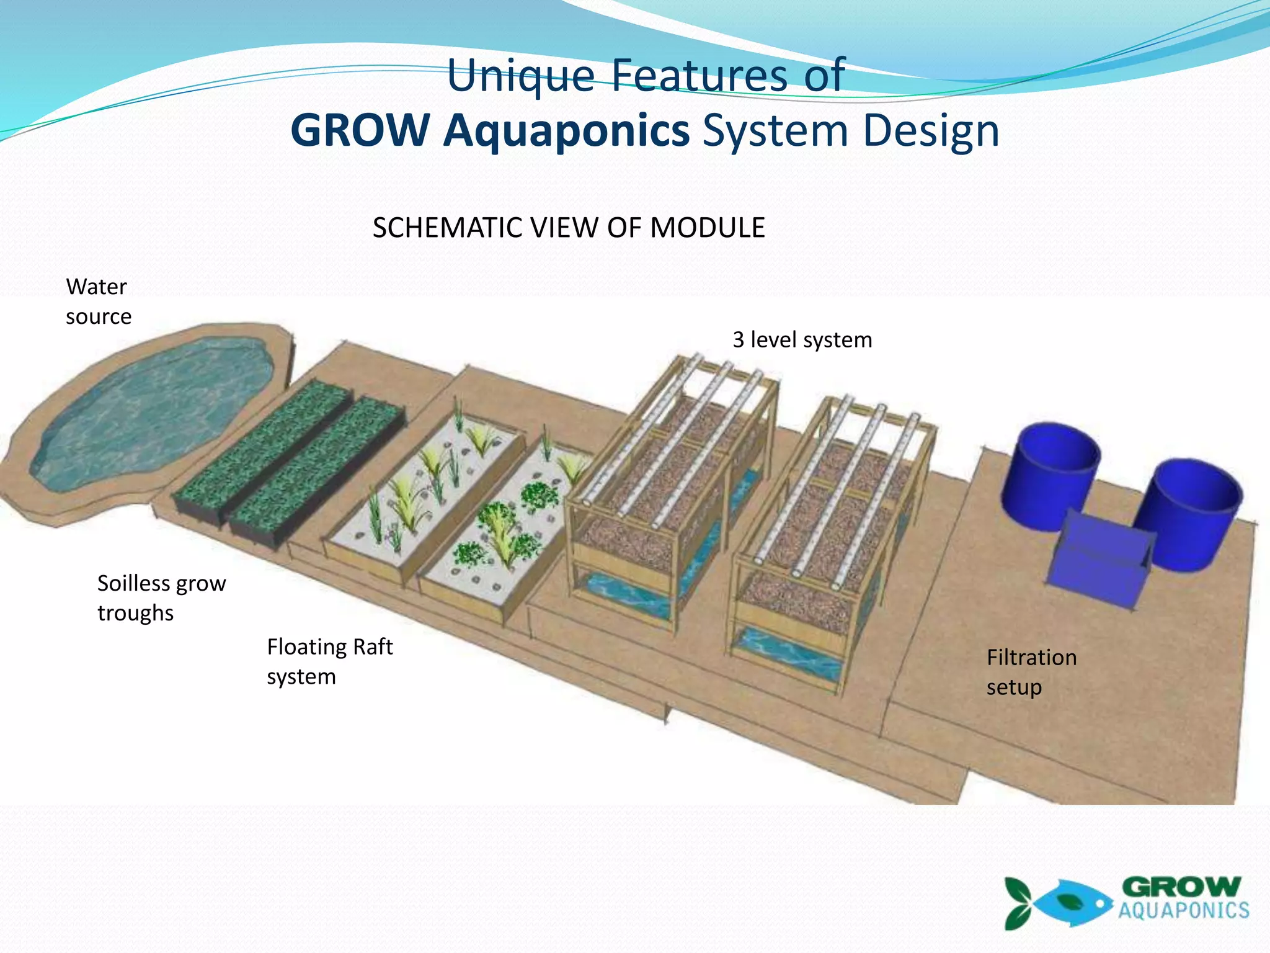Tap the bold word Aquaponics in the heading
[566, 131]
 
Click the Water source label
[98, 302]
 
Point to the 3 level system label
[802, 340]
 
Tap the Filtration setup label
[1031, 672]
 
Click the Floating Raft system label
[329, 661]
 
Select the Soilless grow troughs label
[161, 597]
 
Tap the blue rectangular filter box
[1098, 558]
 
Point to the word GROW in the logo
[1181, 887]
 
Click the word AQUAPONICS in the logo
[1183, 911]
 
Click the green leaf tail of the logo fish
[1018, 903]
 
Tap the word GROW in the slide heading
[360, 131]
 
